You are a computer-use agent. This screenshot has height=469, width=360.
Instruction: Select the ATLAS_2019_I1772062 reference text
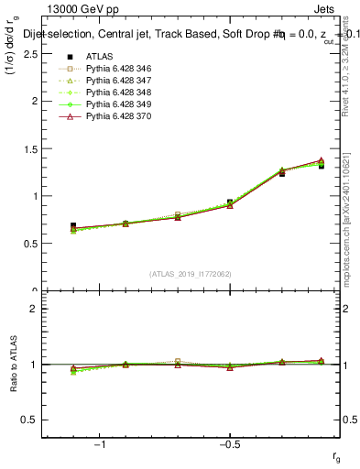click(191, 274)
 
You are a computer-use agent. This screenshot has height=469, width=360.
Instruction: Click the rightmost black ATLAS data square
click(322, 166)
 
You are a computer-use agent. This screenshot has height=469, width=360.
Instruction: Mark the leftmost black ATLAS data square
click(73, 225)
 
